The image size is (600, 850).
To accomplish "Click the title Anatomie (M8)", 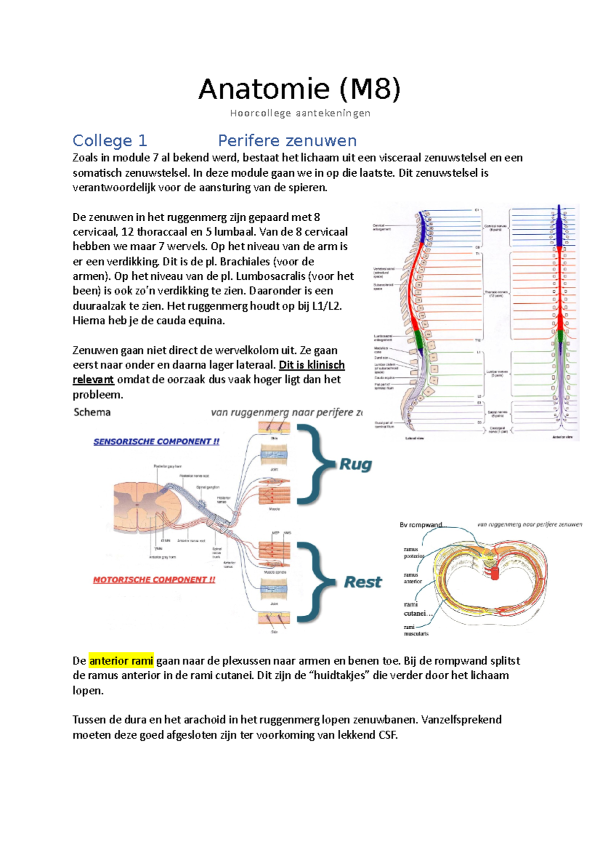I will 299,90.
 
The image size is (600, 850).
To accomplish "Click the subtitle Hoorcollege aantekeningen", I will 300,113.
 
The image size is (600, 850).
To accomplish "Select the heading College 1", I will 109,141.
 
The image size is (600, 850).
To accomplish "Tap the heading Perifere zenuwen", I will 287,141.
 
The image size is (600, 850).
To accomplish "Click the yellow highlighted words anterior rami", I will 121,661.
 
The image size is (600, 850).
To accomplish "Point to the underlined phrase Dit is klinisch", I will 311,365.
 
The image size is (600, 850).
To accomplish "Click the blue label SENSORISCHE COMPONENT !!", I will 156,442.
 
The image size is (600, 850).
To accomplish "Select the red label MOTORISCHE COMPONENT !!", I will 154,580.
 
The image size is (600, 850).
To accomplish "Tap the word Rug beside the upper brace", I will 355,464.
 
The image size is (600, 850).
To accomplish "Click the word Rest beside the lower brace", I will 362,582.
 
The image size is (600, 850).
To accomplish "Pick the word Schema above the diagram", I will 92,412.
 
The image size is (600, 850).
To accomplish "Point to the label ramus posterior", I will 413,553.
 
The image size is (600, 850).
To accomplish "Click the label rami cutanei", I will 414,609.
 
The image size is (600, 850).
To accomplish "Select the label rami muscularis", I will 416,630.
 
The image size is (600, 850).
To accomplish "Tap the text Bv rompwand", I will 421,525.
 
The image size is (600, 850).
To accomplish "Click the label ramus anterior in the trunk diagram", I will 412,578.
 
